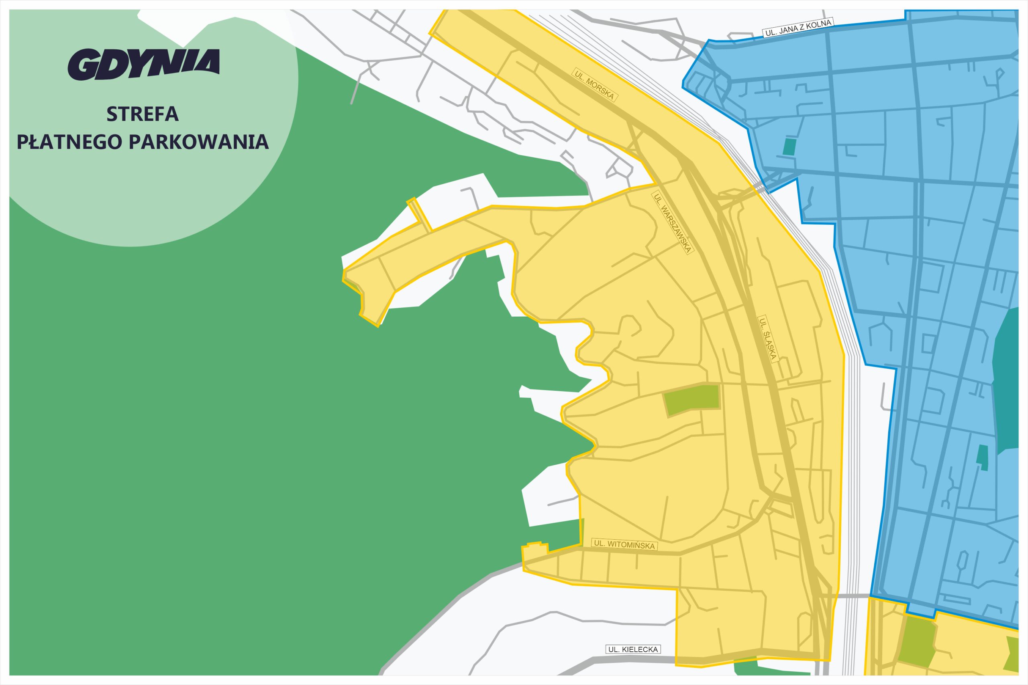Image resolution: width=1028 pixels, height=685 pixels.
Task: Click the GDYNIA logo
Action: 143,64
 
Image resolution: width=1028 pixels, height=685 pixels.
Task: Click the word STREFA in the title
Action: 143,114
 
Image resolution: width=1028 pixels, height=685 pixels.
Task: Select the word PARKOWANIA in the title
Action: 198,142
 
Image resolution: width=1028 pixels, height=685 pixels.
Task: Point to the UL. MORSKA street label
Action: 594,85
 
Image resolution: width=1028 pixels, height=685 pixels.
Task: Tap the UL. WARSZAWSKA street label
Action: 672,223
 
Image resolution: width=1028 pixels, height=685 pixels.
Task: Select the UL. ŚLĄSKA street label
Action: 768,339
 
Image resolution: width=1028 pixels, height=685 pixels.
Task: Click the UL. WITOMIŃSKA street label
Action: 624,544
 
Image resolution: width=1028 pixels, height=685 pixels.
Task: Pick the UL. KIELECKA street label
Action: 632,650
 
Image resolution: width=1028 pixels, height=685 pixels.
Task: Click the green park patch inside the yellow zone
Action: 692,399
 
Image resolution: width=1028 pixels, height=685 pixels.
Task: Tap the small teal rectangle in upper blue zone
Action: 789,147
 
